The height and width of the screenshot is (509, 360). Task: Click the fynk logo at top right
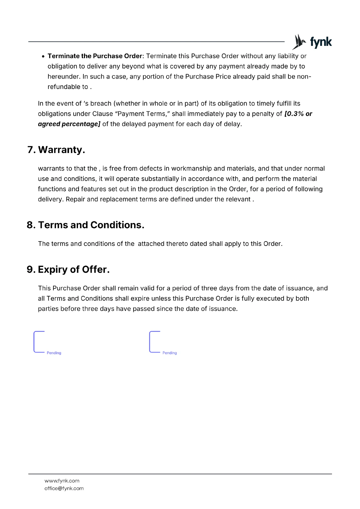[312, 42]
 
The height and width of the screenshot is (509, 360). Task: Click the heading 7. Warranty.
[56, 150]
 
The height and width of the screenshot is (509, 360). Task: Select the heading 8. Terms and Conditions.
[85, 225]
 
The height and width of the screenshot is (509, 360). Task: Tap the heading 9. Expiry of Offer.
[68, 269]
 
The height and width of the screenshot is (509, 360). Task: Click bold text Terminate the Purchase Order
[95, 56]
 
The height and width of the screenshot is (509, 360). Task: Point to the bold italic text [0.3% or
[298, 114]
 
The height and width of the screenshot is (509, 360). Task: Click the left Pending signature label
[54, 353]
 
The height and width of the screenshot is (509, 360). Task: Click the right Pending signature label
[169, 353]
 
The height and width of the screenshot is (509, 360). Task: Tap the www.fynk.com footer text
[62, 481]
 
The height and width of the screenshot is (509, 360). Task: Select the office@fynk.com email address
[64, 488]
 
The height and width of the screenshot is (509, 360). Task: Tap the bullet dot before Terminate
[43, 56]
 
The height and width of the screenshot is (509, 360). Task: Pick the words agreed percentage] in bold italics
[69, 124]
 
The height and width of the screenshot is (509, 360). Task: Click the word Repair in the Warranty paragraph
[75, 199]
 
